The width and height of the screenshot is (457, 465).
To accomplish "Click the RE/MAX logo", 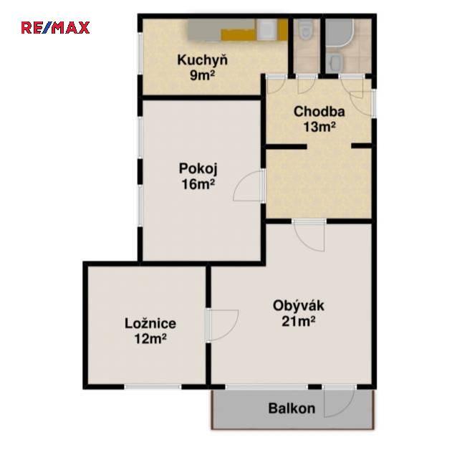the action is [x=55, y=27].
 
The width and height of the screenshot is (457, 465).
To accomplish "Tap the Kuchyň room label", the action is [x=202, y=60].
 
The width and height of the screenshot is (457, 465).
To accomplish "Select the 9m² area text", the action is [x=202, y=75].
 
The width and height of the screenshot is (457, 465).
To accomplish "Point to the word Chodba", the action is [x=319, y=112].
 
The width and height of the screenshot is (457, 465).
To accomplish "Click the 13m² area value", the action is [x=319, y=127].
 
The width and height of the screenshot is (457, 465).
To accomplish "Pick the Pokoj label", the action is [x=198, y=169].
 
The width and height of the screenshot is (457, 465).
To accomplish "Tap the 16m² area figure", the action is [x=198, y=184].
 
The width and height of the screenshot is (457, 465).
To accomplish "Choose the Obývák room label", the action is [x=299, y=306].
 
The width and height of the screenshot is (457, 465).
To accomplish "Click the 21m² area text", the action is [x=299, y=321].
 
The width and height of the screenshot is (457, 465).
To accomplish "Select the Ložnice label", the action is [x=150, y=323].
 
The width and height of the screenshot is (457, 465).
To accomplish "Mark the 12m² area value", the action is [x=150, y=339].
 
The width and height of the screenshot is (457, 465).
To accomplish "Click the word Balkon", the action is [x=292, y=408].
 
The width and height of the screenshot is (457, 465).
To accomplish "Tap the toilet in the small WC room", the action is [x=305, y=29].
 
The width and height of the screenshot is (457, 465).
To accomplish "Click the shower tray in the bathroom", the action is [x=340, y=33].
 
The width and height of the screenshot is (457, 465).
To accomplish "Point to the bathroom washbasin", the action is [x=335, y=63].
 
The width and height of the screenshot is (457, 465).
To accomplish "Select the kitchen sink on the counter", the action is [x=266, y=29].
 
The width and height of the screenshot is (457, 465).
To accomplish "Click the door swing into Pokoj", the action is [x=248, y=186].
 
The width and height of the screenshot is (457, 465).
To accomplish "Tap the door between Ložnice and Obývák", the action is [x=223, y=325].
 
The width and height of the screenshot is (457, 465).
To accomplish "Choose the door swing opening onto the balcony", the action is [x=340, y=402].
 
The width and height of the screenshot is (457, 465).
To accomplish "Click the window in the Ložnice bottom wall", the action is [x=153, y=387].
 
